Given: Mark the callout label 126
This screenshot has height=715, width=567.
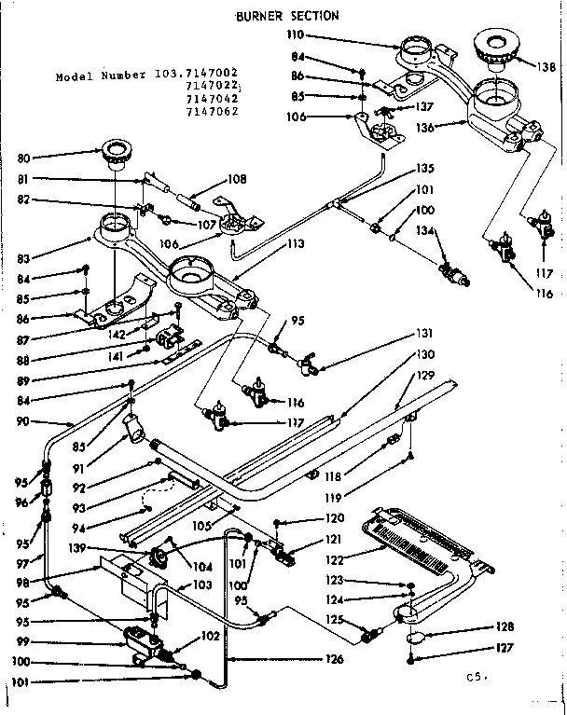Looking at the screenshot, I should click(x=335, y=660).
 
